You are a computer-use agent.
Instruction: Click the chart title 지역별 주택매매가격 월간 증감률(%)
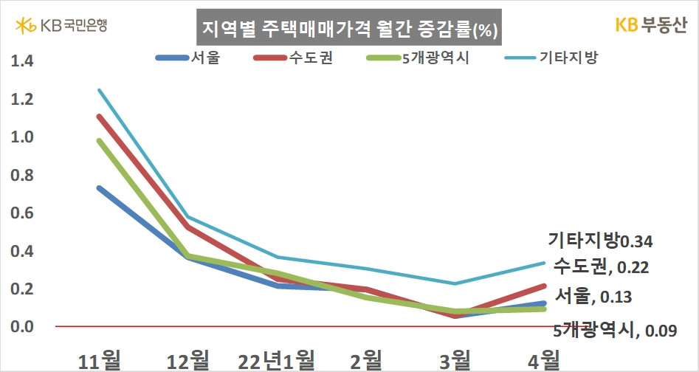tap(349, 31)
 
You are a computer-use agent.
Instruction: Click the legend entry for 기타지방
tap(550, 58)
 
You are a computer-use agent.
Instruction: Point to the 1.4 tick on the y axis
tap(23, 61)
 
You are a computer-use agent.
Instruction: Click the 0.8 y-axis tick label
tap(23, 175)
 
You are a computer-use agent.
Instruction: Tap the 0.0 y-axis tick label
tap(23, 326)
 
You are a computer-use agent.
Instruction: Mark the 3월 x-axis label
tap(454, 360)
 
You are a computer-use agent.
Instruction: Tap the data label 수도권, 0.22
tap(601, 266)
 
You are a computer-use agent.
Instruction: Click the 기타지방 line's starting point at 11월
tap(99, 90)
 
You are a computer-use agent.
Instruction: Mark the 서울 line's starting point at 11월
tap(99, 188)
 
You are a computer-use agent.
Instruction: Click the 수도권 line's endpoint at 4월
tap(544, 285)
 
